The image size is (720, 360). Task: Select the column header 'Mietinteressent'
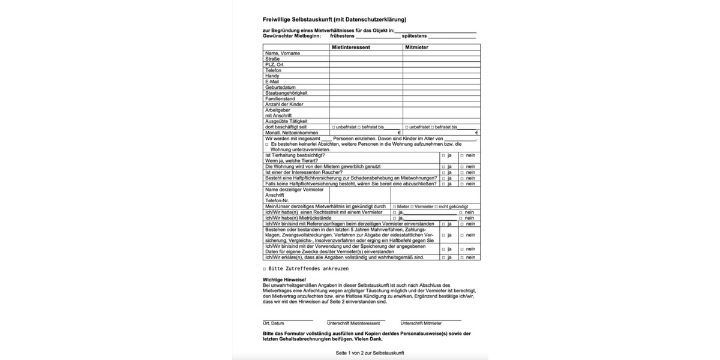click(350, 47)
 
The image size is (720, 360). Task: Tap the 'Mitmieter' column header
click(416, 47)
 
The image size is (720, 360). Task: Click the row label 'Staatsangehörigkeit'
click(286, 93)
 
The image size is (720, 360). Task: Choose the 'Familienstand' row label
click(280, 98)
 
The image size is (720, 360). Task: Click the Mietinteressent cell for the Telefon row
click(365, 70)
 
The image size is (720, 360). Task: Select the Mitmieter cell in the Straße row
click(441, 59)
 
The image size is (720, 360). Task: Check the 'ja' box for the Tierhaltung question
click(443, 155)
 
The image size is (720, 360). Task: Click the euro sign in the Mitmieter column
click(477, 133)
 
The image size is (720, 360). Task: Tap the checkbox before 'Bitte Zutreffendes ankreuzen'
click(265, 269)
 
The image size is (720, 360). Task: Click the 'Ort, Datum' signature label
click(273, 323)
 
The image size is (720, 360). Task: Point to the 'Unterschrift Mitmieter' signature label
click(421, 323)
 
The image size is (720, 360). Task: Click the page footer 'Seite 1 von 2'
click(370, 353)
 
